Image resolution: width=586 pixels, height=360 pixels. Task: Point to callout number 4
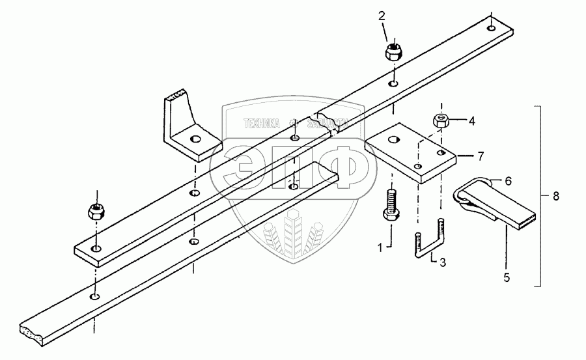tap(472, 120)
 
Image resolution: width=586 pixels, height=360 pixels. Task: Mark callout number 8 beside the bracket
tap(556, 195)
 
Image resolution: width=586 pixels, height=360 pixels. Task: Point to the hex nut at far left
tap(96, 211)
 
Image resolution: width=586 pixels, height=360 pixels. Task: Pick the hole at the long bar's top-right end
tap(489, 28)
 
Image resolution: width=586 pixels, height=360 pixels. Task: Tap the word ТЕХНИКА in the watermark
tap(262, 122)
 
